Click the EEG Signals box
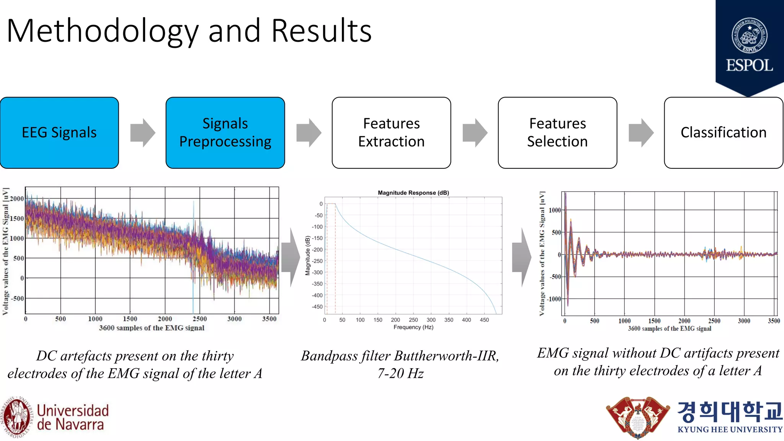click(x=59, y=132)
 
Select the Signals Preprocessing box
click(x=225, y=132)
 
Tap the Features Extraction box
click(x=391, y=132)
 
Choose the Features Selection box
click(x=557, y=132)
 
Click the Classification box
click(x=724, y=132)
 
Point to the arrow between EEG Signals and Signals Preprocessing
click(x=142, y=133)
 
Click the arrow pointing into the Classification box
click(x=641, y=133)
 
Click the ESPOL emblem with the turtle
click(x=749, y=36)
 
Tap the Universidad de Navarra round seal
click(x=16, y=417)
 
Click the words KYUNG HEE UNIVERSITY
click(x=730, y=430)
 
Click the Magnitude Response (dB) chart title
click(x=413, y=193)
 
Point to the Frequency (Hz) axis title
click(x=413, y=327)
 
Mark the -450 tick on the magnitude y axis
click(x=317, y=307)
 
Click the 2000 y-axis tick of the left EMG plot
click(x=17, y=198)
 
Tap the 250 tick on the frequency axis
click(x=413, y=320)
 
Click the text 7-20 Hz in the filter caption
click(x=400, y=373)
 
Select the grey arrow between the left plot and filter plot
click(x=291, y=257)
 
